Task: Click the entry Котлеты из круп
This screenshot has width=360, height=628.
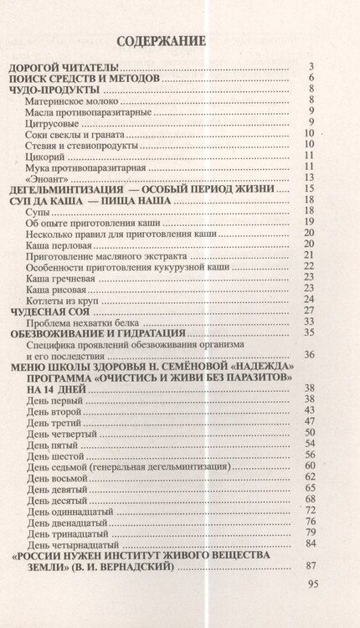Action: [x=62, y=299]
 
